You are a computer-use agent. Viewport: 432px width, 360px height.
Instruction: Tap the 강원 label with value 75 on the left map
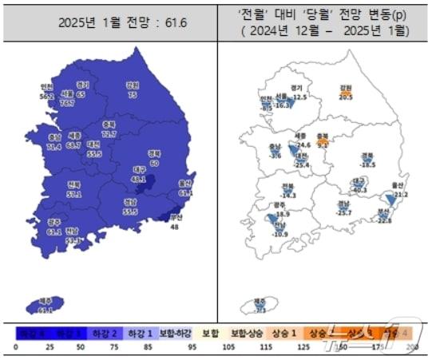133,89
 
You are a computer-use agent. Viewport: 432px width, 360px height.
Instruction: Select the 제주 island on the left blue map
46,306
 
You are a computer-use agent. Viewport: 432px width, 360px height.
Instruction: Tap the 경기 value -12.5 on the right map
299,97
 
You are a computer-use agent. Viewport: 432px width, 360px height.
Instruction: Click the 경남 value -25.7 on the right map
344,213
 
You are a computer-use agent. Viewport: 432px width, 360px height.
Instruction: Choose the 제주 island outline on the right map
260,306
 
